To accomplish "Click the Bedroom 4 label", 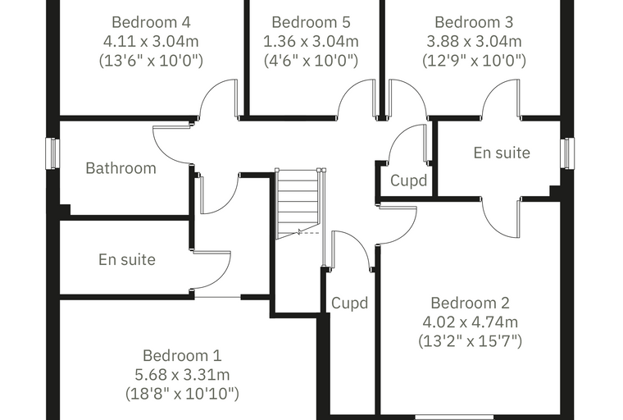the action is (x=151, y=22).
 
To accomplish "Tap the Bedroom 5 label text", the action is (x=311, y=22).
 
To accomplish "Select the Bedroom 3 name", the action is (x=474, y=22).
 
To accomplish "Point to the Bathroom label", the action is (x=121, y=168).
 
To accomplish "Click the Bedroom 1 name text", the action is (x=182, y=355).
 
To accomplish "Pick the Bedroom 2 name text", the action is (x=470, y=303).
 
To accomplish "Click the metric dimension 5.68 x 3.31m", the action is (x=182, y=375).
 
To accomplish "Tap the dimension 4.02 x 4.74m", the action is (x=470, y=322).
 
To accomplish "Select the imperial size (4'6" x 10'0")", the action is (x=311, y=61).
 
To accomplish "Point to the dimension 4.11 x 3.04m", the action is (x=151, y=41).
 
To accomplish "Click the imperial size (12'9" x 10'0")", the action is (x=474, y=61).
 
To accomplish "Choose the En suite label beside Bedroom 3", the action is (x=502, y=153).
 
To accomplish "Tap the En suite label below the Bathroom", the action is (x=127, y=260).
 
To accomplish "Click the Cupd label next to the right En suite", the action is (x=408, y=180).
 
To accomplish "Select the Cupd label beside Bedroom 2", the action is (x=350, y=303).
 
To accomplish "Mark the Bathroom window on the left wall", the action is (x=52, y=153).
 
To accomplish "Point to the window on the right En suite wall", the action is (x=567, y=153).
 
